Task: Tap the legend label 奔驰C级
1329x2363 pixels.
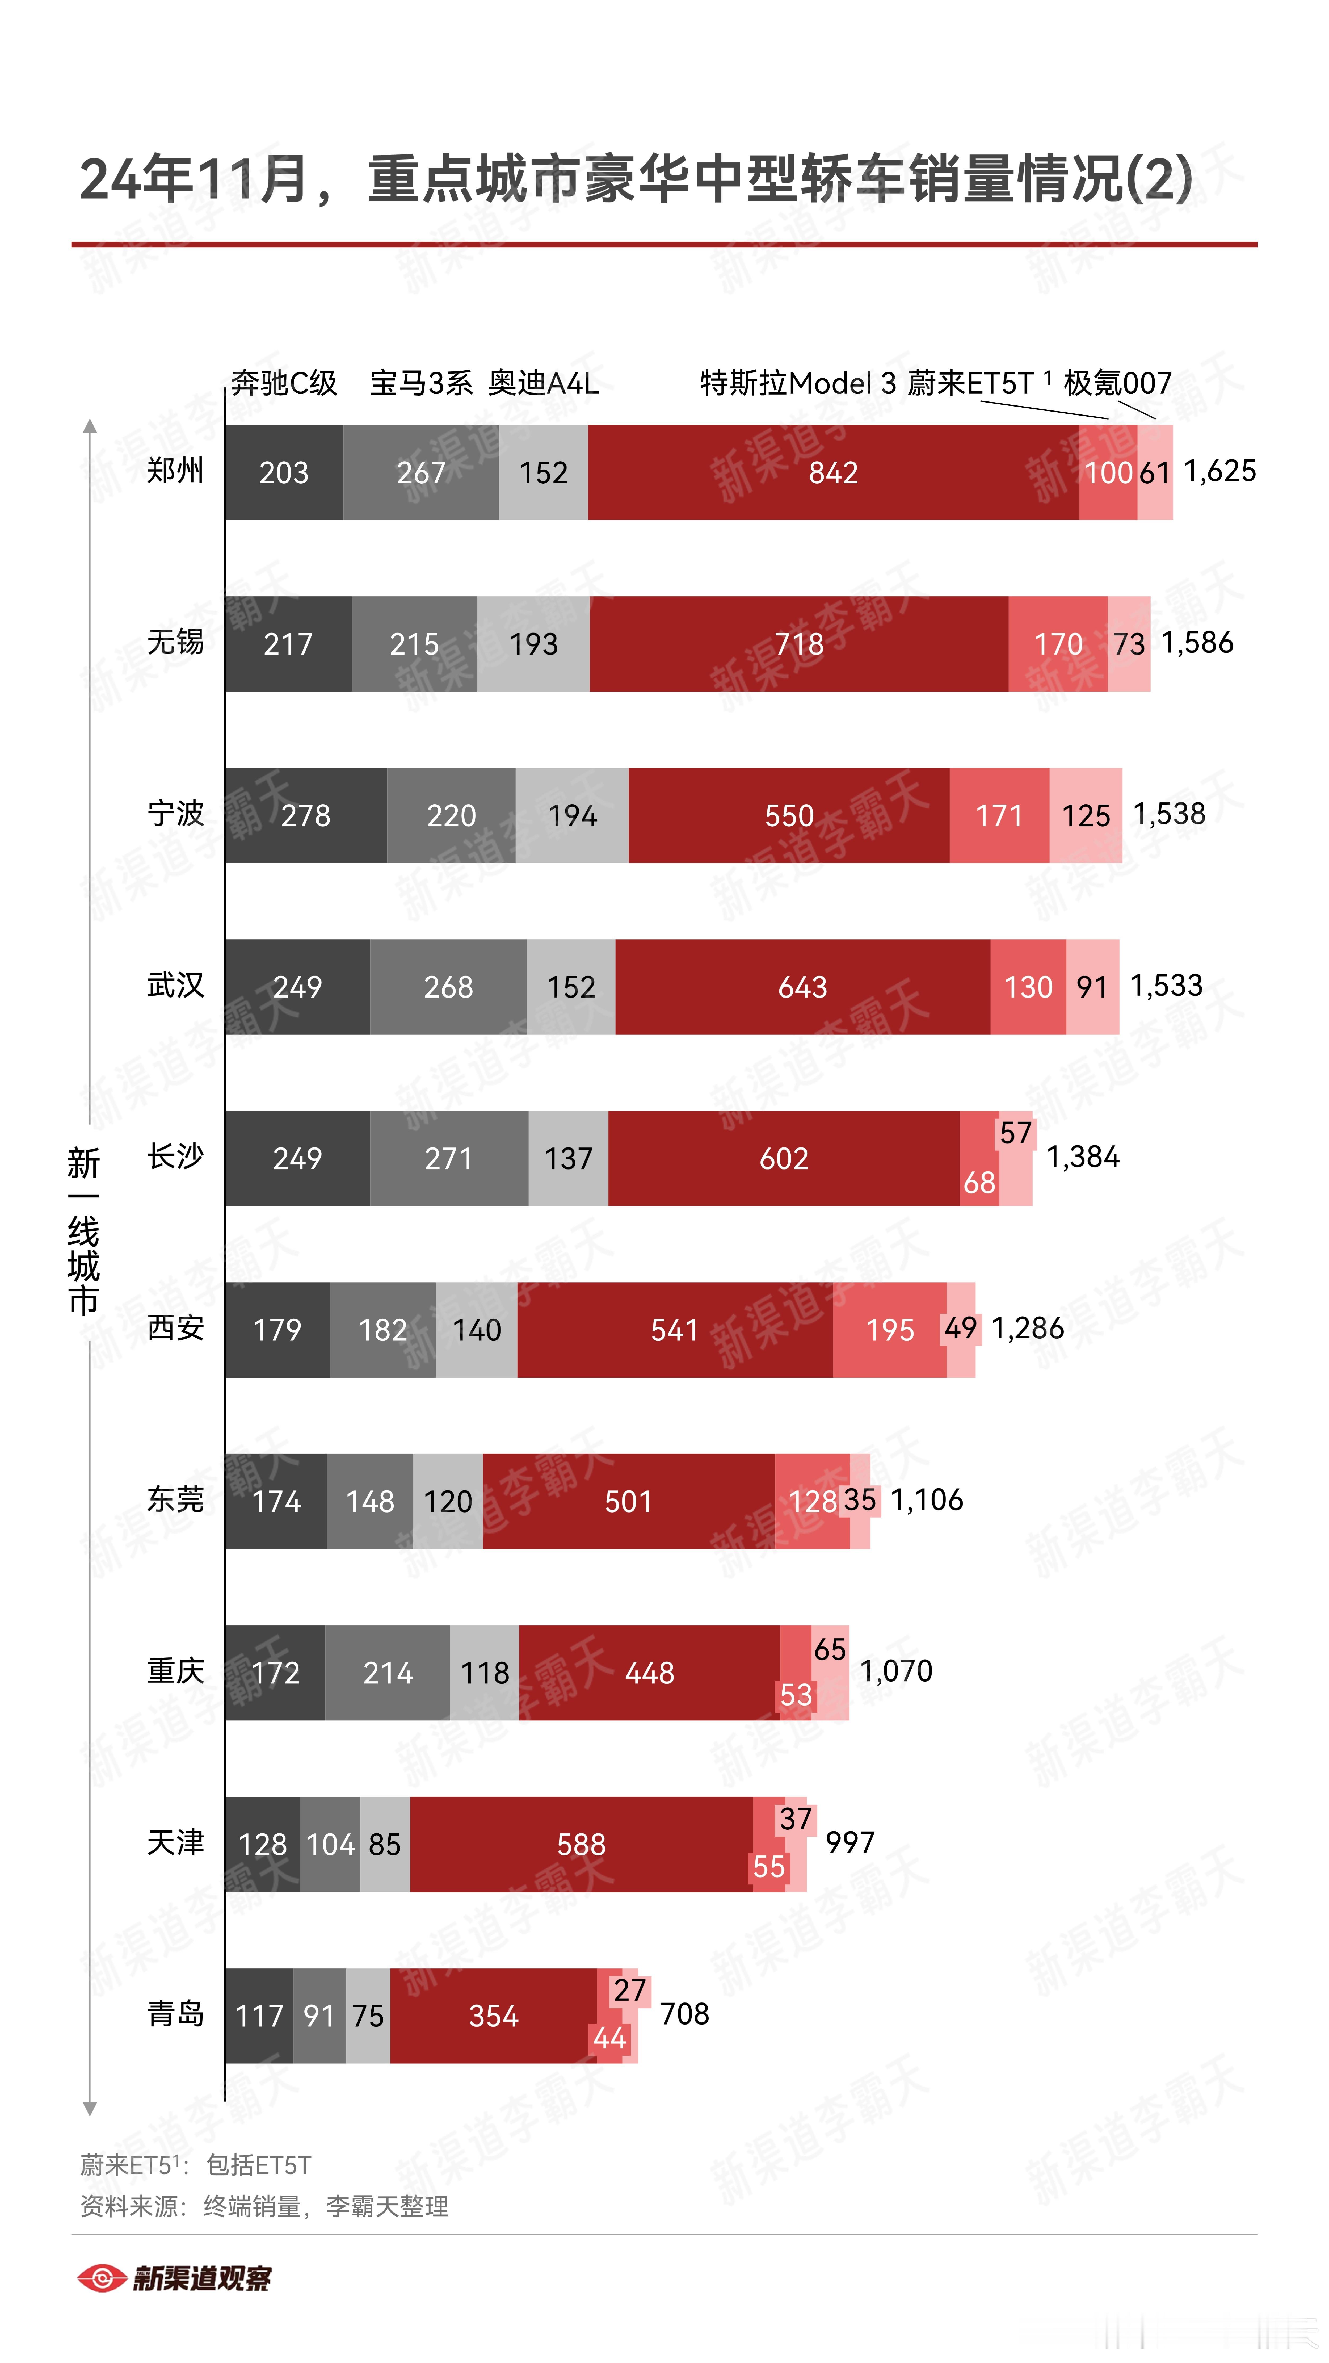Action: [284, 383]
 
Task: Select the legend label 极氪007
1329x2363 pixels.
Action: [1117, 383]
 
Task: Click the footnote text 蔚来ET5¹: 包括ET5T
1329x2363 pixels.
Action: [195, 2165]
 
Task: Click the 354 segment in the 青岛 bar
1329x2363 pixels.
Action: [493, 2015]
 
